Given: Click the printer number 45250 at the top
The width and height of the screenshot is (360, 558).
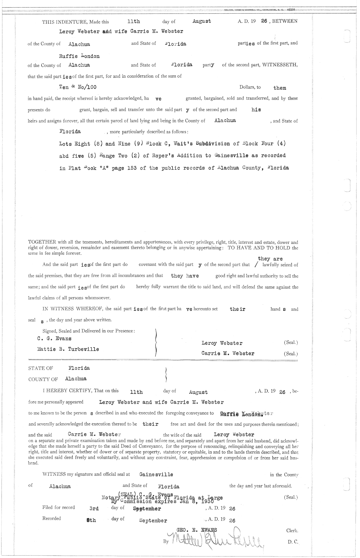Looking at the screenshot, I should pos(290,10).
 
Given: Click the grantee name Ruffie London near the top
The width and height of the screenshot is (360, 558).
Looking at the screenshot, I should pos(79,56).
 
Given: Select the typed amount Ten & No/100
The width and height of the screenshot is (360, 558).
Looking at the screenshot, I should pos(78,87).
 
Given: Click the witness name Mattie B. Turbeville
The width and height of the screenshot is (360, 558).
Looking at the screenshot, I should pos(68,349).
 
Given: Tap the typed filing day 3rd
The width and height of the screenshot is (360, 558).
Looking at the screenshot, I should pos(94,509).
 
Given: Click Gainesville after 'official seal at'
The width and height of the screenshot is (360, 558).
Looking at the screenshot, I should pos(156,475).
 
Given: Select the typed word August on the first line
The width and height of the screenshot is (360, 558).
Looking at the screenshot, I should pos(202,21).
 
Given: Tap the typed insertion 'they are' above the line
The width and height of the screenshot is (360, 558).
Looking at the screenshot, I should pos(270,259).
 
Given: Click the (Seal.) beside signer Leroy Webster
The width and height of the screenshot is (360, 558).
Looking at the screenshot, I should pos(291,342).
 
